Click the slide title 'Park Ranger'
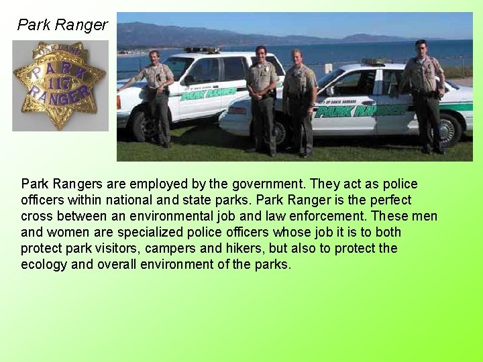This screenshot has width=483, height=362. (x=62, y=25)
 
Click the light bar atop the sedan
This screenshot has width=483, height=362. (x=373, y=62)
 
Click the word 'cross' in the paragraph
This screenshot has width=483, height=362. (x=38, y=217)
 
